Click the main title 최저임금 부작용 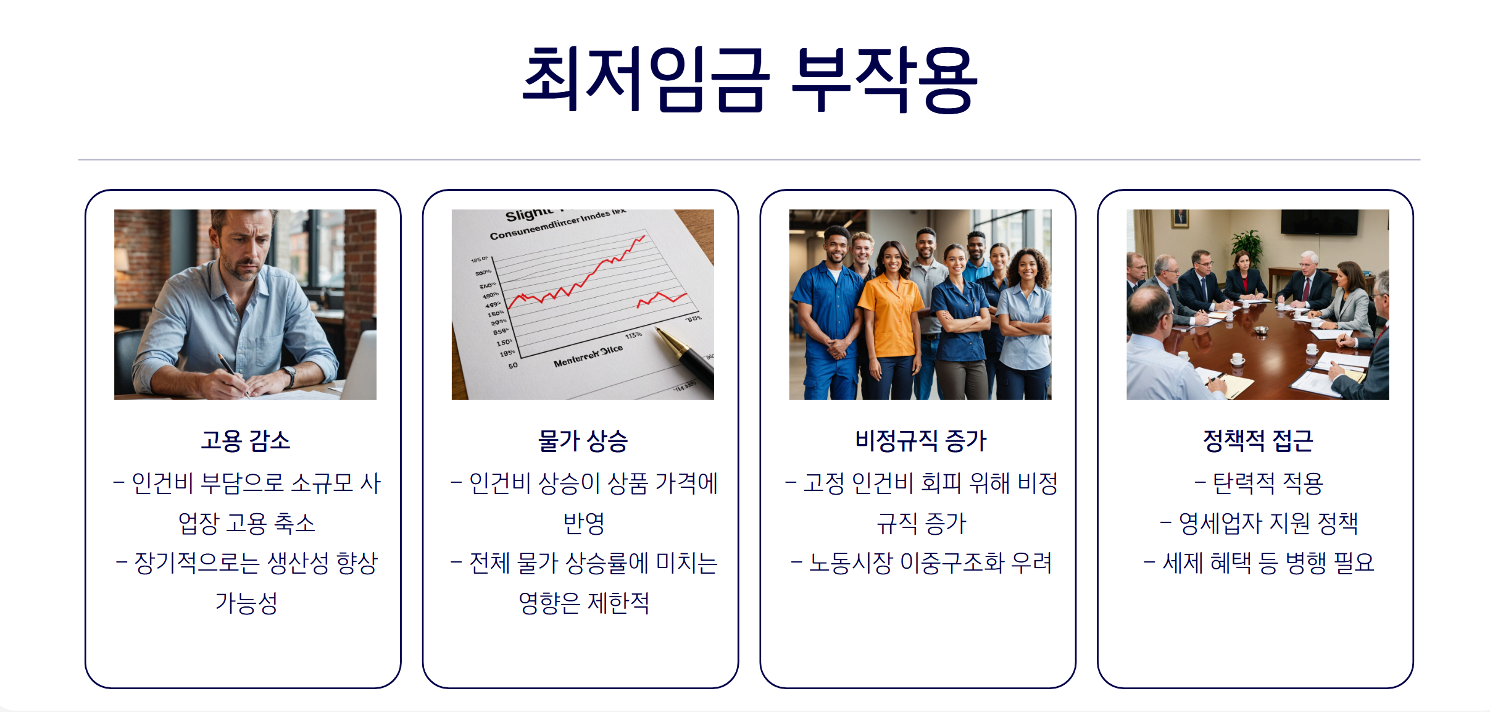pos(749,80)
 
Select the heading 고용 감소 pos(245,441)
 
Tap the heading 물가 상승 pos(583,441)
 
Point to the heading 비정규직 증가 pos(920,441)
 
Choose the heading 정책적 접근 pos(1258,441)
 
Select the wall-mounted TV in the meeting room pos(1319,222)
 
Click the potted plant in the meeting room pos(1247,243)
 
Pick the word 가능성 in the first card pos(246,603)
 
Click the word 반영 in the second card pos(583,524)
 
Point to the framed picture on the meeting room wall pos(1180,218)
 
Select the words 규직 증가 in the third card pos(921,524)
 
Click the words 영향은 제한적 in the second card pos(583,603)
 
